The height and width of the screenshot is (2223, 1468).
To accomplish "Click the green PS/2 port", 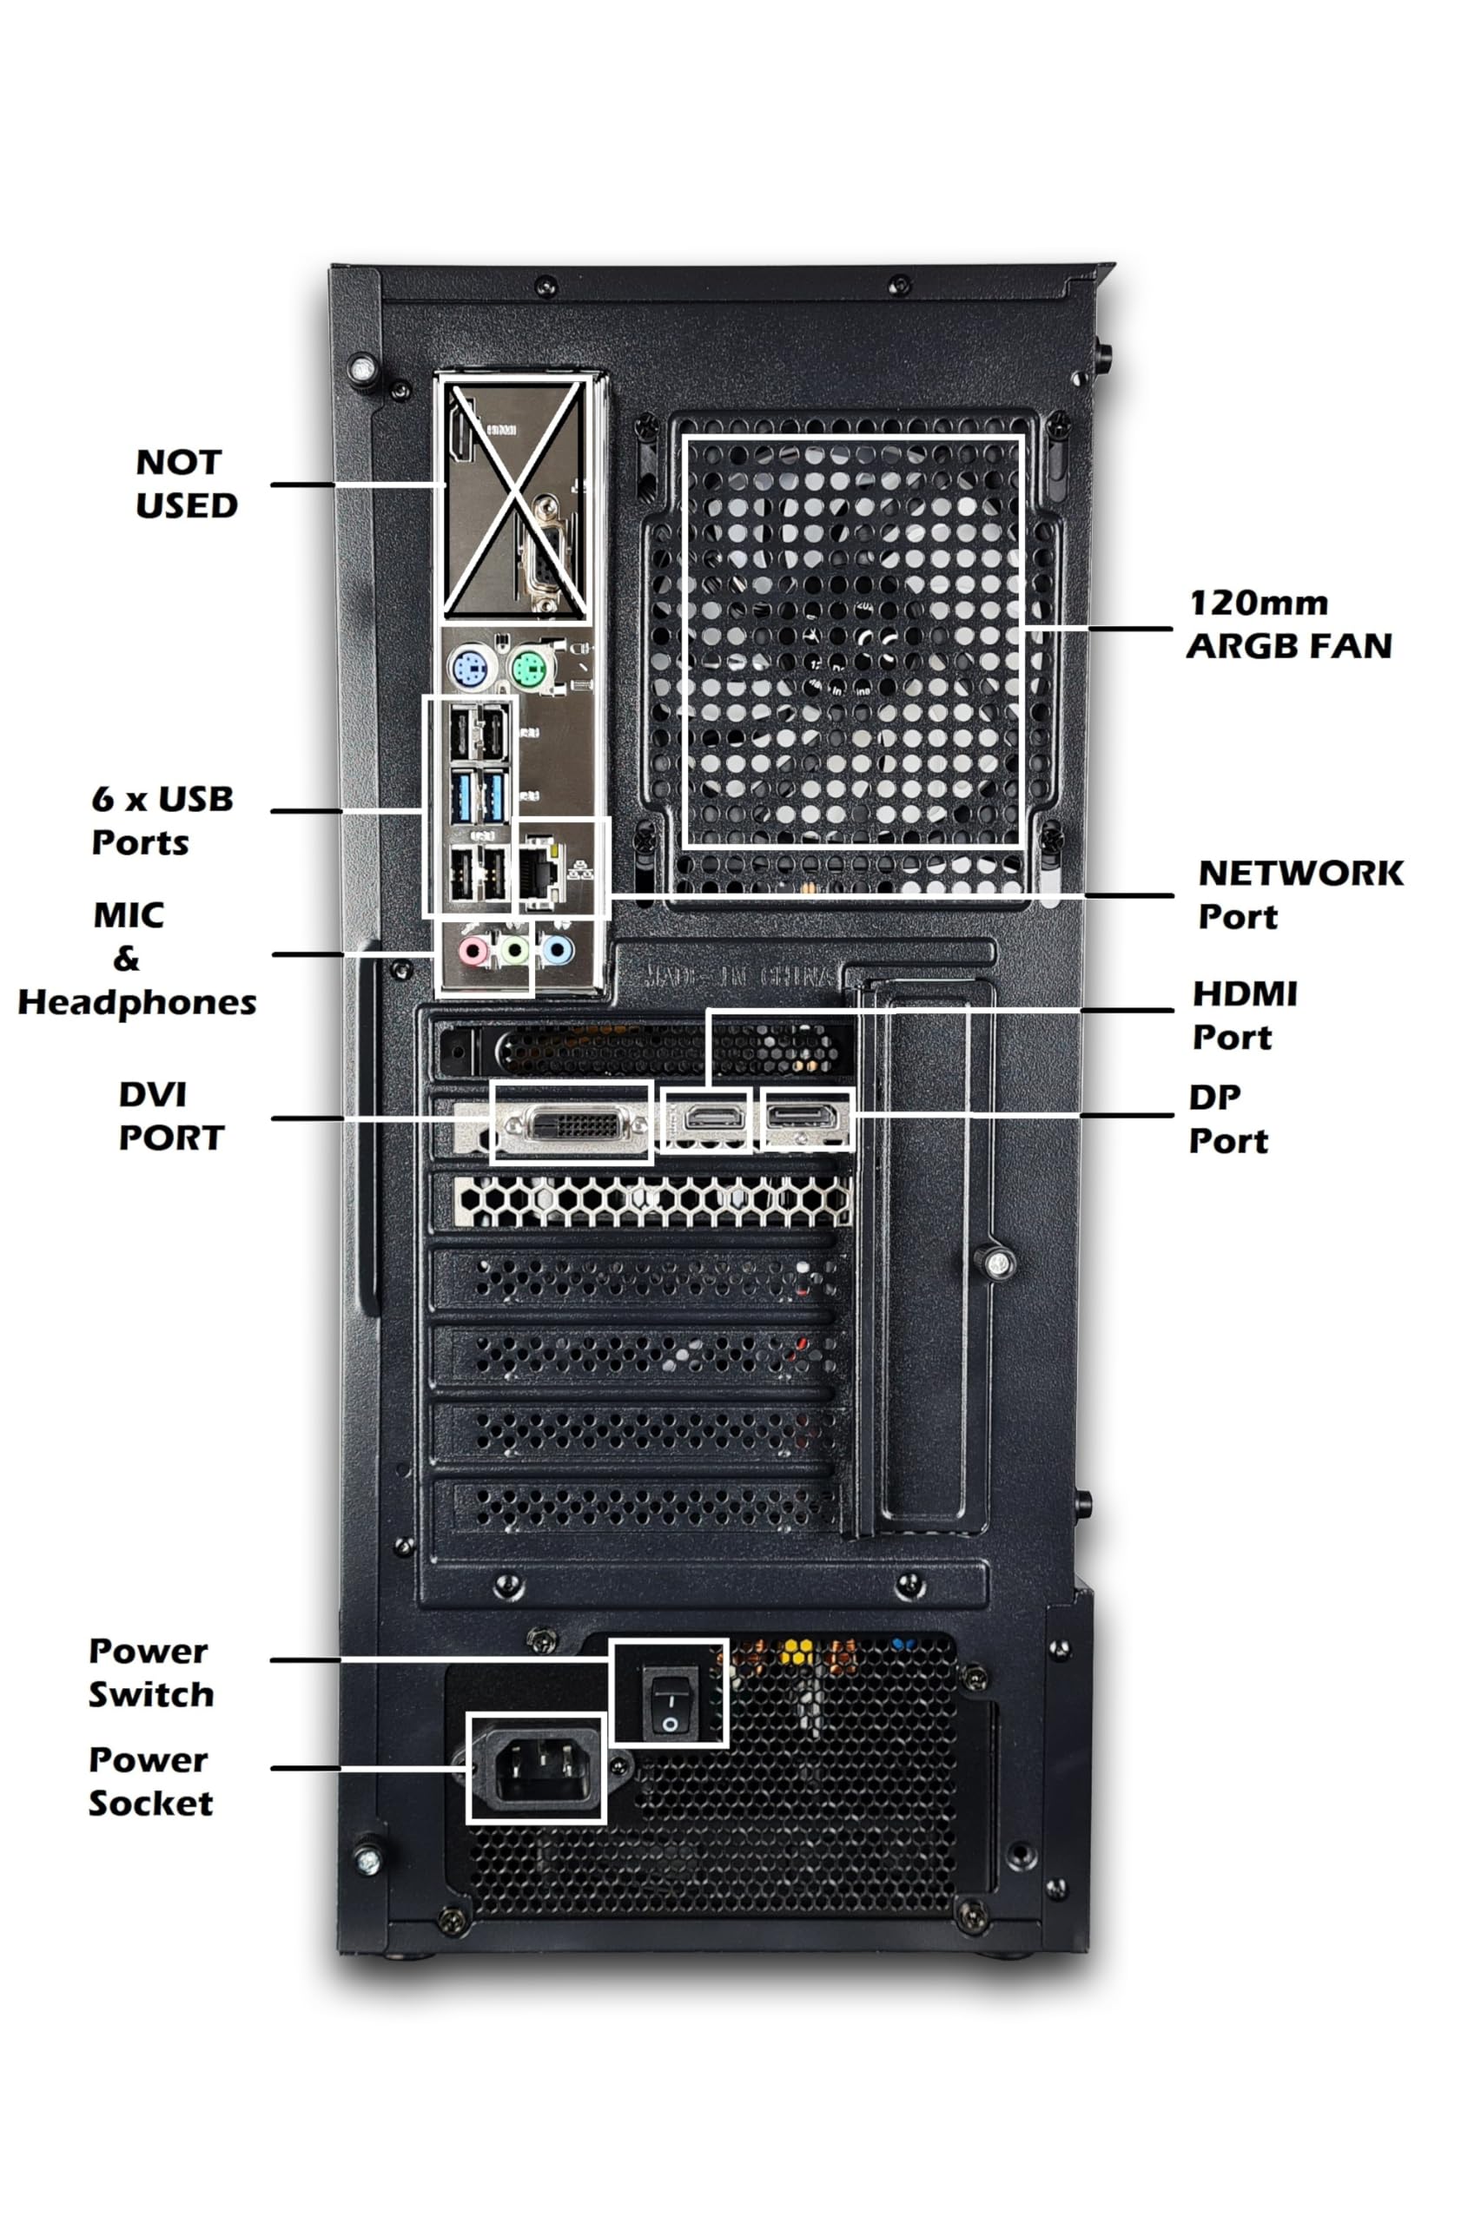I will pos(530,670).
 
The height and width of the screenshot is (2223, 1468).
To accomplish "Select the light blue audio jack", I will pos(558,953).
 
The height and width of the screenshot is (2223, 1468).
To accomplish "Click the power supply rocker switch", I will pos(671,1706).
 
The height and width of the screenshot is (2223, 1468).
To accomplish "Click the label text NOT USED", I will pos(186,484).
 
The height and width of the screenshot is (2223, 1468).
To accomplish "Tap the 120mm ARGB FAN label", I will pos(1288,624).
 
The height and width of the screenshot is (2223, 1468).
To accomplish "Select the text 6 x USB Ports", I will pos(162,820).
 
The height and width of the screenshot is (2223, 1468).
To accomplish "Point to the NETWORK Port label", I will pos(1299,894).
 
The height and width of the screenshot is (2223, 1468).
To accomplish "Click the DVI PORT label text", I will pos(171,1116).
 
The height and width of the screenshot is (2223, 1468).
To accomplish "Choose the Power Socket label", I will pos(149,1781).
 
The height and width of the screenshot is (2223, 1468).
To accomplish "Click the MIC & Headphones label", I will pos(136,959).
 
